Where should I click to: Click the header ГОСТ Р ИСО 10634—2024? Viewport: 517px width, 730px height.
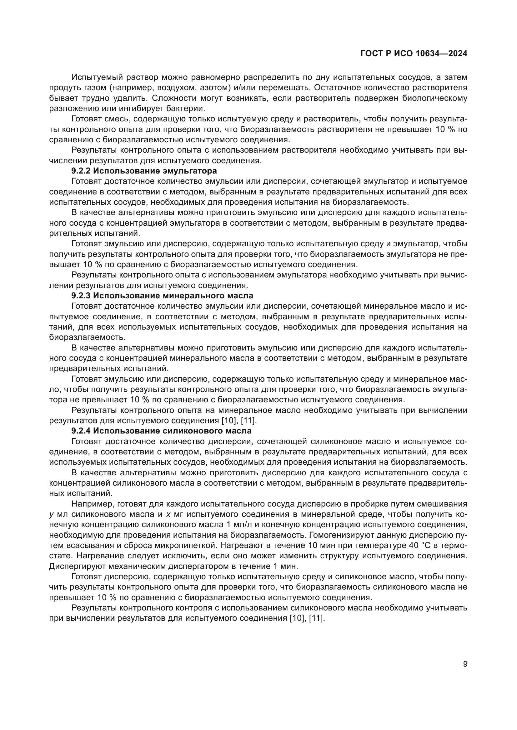coord(414,53)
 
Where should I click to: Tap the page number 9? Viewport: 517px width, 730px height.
coord(465,664)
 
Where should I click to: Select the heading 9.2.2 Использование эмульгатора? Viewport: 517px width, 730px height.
coord(144,171)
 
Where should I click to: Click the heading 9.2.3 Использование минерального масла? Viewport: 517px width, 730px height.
coord(162,296)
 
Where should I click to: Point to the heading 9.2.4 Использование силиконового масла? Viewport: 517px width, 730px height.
coord(161,431)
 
